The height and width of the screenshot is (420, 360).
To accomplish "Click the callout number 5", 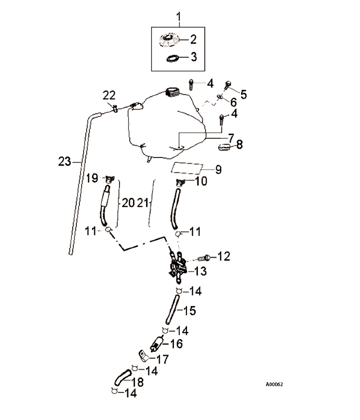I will (243, 94).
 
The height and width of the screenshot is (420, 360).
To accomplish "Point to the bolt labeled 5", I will (228, 85).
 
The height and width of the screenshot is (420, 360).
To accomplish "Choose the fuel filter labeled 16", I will (157, 344).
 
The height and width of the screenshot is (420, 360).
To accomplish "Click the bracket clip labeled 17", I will (142, 356).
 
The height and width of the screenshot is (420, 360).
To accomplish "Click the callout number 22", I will (109, 95).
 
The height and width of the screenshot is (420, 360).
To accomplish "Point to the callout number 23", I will (64, 162).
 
